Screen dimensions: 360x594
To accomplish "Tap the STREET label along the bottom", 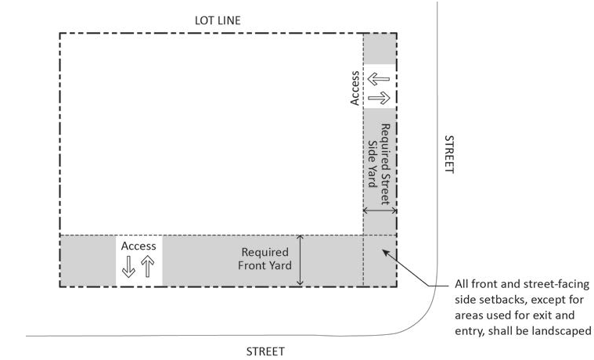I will coord(265,351).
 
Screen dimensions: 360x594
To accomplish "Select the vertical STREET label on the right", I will coord(449,154).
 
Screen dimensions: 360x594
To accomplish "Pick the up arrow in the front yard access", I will coord(147,267).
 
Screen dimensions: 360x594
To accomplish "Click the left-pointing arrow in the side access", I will coord(379,80).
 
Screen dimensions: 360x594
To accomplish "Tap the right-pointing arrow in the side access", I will coord(379,97).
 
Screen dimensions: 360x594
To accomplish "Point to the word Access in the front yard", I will coord(139,246).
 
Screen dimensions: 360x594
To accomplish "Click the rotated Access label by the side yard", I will coord(355,88).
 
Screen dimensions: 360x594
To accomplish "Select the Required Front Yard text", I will coord(265,259).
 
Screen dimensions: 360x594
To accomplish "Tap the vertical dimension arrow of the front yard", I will coord(301,260).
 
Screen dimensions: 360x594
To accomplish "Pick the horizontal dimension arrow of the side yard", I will coord(380,211).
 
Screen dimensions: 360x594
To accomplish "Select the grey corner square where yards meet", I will coord(380,261).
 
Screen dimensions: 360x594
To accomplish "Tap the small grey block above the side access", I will coord(380,49).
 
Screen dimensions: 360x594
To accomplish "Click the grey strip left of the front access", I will coord(88,261).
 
